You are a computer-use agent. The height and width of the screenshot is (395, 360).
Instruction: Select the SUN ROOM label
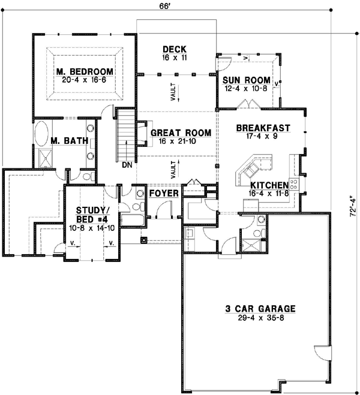pyautogui.click(x=246, y=80)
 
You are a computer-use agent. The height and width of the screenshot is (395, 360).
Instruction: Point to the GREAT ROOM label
pyautogui.click(x=181, y=132)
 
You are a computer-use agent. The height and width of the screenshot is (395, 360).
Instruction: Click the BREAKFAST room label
pyautogui.click(x=263, y=128)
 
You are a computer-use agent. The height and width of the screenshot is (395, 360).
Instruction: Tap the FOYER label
pyautogui.click(x=163, y=194)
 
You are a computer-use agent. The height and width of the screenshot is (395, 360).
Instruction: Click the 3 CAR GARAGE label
pyautogui.click(x=260, y=309)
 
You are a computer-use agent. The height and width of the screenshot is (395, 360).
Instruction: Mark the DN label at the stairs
pyautogui.click(x=127, y=164)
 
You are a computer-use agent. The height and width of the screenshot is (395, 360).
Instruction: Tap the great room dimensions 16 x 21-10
pyautogui.click(x=181, y=141)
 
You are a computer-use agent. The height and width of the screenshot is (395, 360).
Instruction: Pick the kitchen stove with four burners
pyautogui.click(x=295, y=183)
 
